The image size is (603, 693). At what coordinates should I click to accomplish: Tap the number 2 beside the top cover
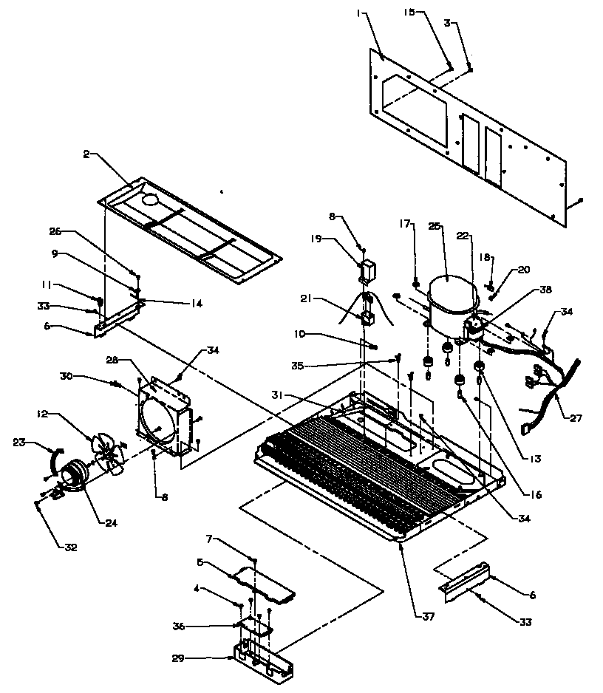[86, 154]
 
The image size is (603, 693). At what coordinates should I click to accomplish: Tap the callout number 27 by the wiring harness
[575, 418]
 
